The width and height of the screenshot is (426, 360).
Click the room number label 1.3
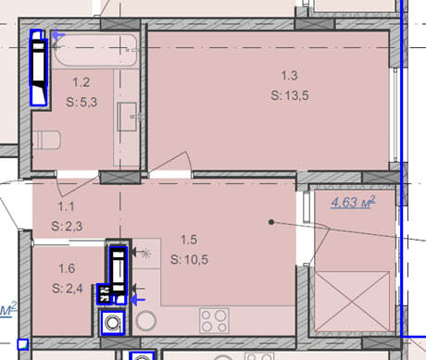(289, 76)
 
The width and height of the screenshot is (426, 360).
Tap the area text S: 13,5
(290, 95)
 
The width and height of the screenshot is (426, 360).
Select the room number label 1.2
(81, 82)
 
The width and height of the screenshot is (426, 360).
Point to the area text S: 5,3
(81, 102)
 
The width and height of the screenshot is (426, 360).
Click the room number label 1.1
(66, 206)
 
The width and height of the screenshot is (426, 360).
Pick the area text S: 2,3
(67, 227)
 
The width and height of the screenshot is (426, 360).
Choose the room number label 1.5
(189, 240)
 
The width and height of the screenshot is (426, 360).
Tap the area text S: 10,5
(189, 260)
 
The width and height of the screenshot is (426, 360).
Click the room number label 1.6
(67, 268)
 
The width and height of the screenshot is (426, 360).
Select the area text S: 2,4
(68, 289)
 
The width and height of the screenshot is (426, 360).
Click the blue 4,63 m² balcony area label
(353, 202)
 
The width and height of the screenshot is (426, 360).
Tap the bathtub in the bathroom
(95, 50)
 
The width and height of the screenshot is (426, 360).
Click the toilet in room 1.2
(46, 140)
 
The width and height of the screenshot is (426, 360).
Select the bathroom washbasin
(127, 117)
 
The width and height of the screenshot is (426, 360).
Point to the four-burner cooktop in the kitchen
(214, 320)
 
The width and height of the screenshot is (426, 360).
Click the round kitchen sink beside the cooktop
(146, 321)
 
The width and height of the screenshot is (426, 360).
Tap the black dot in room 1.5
(271, 222)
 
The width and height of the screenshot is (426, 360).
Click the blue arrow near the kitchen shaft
(138, 300)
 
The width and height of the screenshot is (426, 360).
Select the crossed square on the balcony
(353, 302)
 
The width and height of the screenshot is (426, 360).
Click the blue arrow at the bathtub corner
(57, 35)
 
